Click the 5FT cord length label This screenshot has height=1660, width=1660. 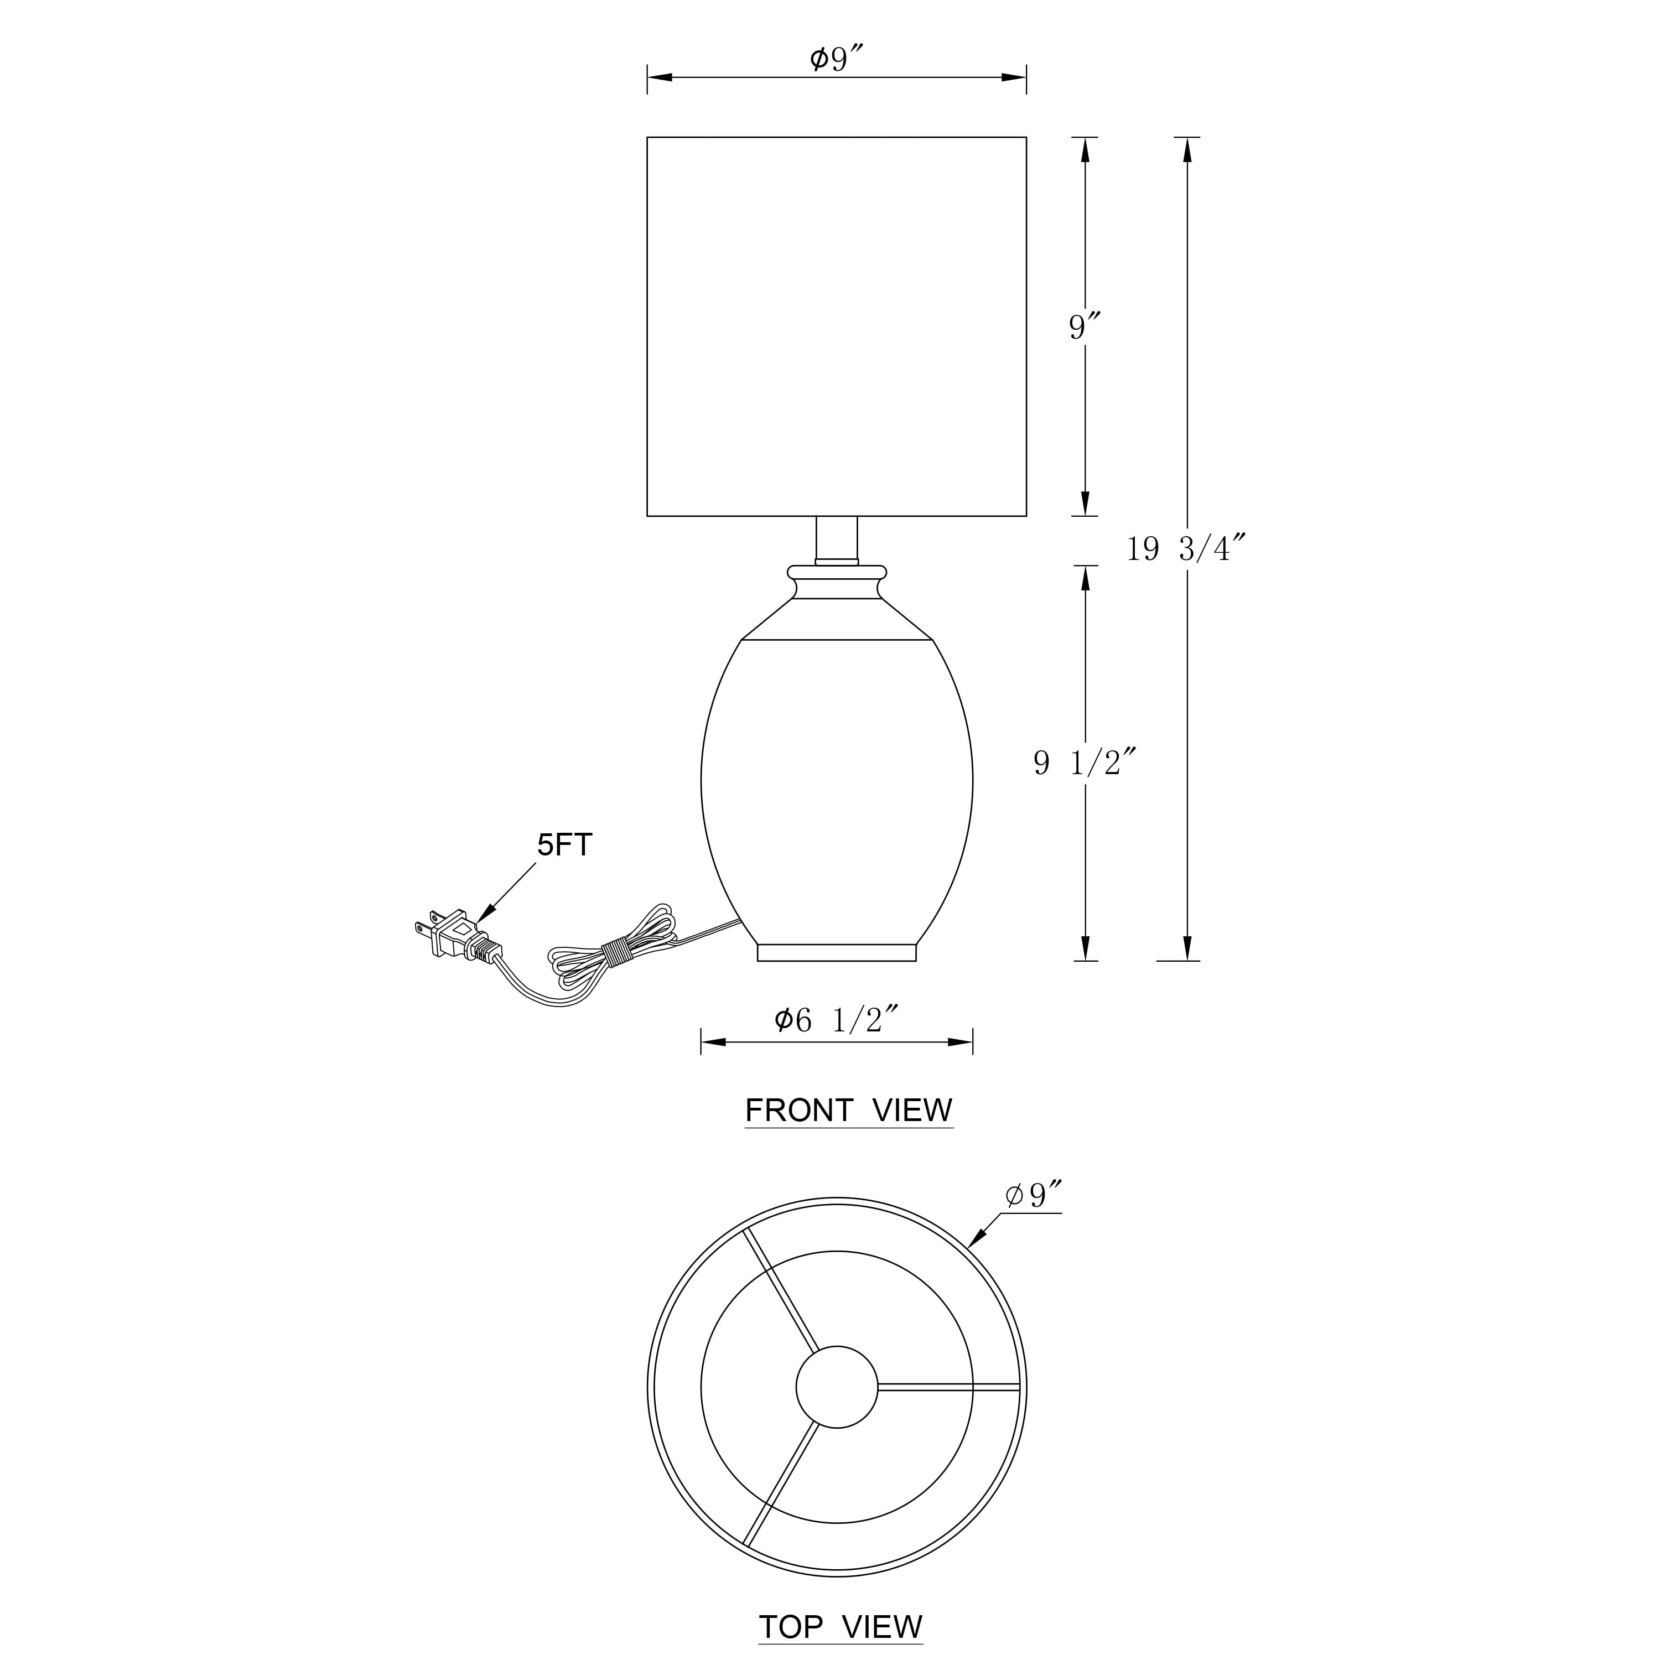click(x=564, y=845)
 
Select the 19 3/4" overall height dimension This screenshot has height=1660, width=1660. click(x=1186, y=548)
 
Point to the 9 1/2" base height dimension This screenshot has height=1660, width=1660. click(x=1086, y=762)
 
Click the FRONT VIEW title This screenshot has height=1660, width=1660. click(x=849, y=1111)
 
